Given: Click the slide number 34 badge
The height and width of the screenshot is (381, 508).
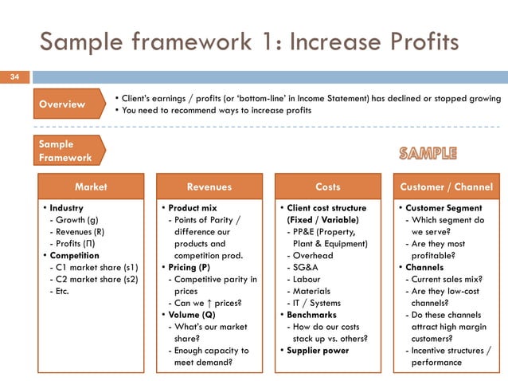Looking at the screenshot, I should tap(14, 77).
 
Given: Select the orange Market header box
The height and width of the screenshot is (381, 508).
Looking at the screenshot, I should tap(90, 187).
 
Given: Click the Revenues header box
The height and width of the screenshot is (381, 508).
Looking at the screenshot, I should tap(209, 187).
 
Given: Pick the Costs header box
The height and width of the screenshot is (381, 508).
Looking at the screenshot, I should tap(327, 187).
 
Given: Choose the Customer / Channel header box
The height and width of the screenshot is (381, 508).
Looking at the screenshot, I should tap(447, 187).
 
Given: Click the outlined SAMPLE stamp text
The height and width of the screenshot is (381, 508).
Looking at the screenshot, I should tap(428, 152).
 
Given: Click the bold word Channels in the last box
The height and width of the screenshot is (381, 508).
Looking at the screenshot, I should tap(424, 267).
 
